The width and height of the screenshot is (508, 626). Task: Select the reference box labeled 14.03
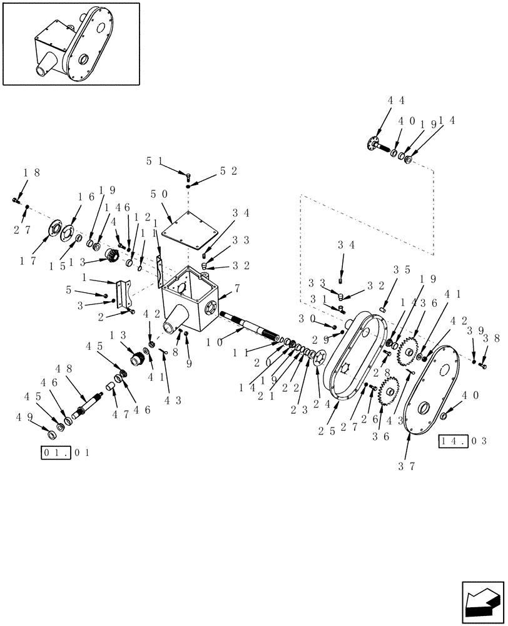coord(463,440)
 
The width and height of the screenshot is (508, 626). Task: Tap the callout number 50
coord(158,195)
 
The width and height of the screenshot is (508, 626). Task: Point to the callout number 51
coord(154,161)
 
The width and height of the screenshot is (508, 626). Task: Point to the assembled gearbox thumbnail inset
coord(71,43)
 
